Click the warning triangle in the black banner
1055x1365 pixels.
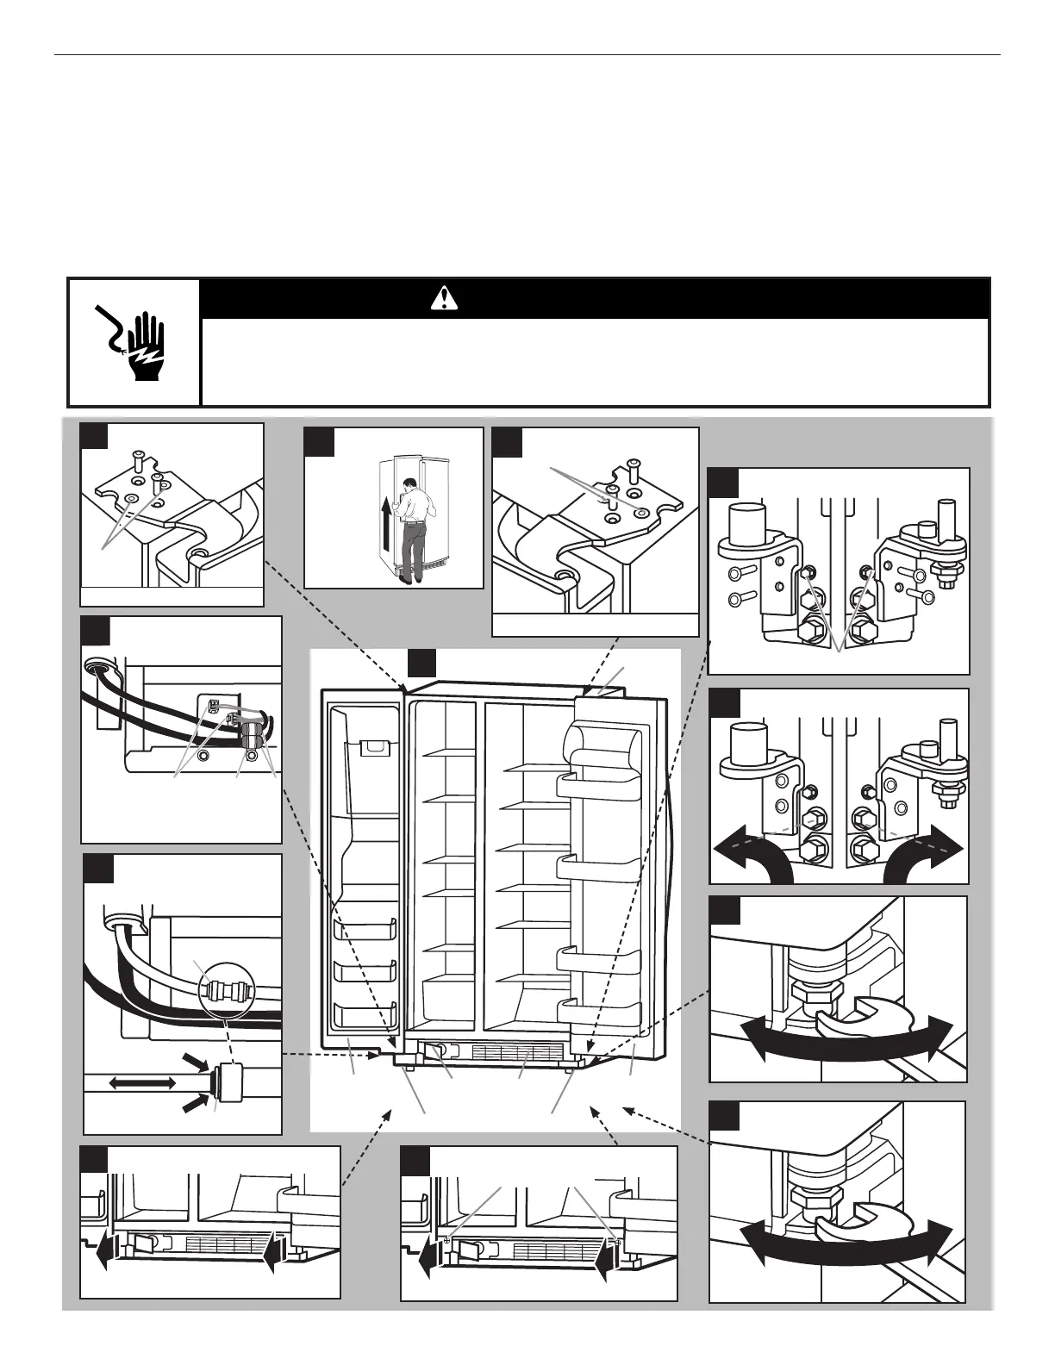[x=444, y=298]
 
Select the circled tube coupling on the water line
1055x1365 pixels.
[x=228, y=987]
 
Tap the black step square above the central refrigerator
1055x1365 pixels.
[x=421, y=664]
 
